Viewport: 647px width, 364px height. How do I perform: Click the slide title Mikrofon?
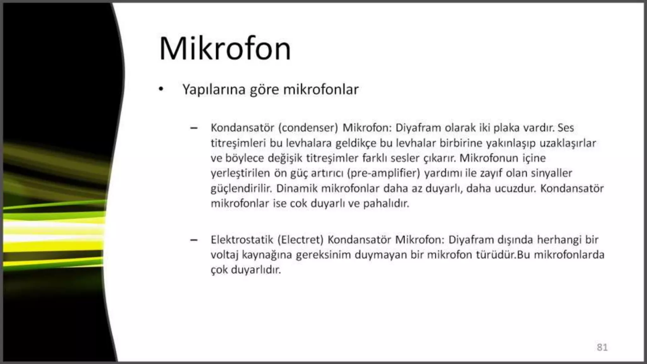point(225,49)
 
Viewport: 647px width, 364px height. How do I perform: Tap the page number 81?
point(602,347)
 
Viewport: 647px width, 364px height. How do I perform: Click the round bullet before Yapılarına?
point(161,89)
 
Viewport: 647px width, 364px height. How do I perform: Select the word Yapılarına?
point(214,89)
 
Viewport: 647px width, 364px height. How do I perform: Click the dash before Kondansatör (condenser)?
point(194,128)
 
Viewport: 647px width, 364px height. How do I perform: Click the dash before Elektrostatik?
point(194,240)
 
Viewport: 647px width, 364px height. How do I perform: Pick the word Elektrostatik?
point(242,240)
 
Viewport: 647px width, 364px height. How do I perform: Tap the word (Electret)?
point(300,240)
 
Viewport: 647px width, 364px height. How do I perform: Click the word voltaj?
point(224,255)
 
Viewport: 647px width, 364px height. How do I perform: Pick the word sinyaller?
point(552,173)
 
